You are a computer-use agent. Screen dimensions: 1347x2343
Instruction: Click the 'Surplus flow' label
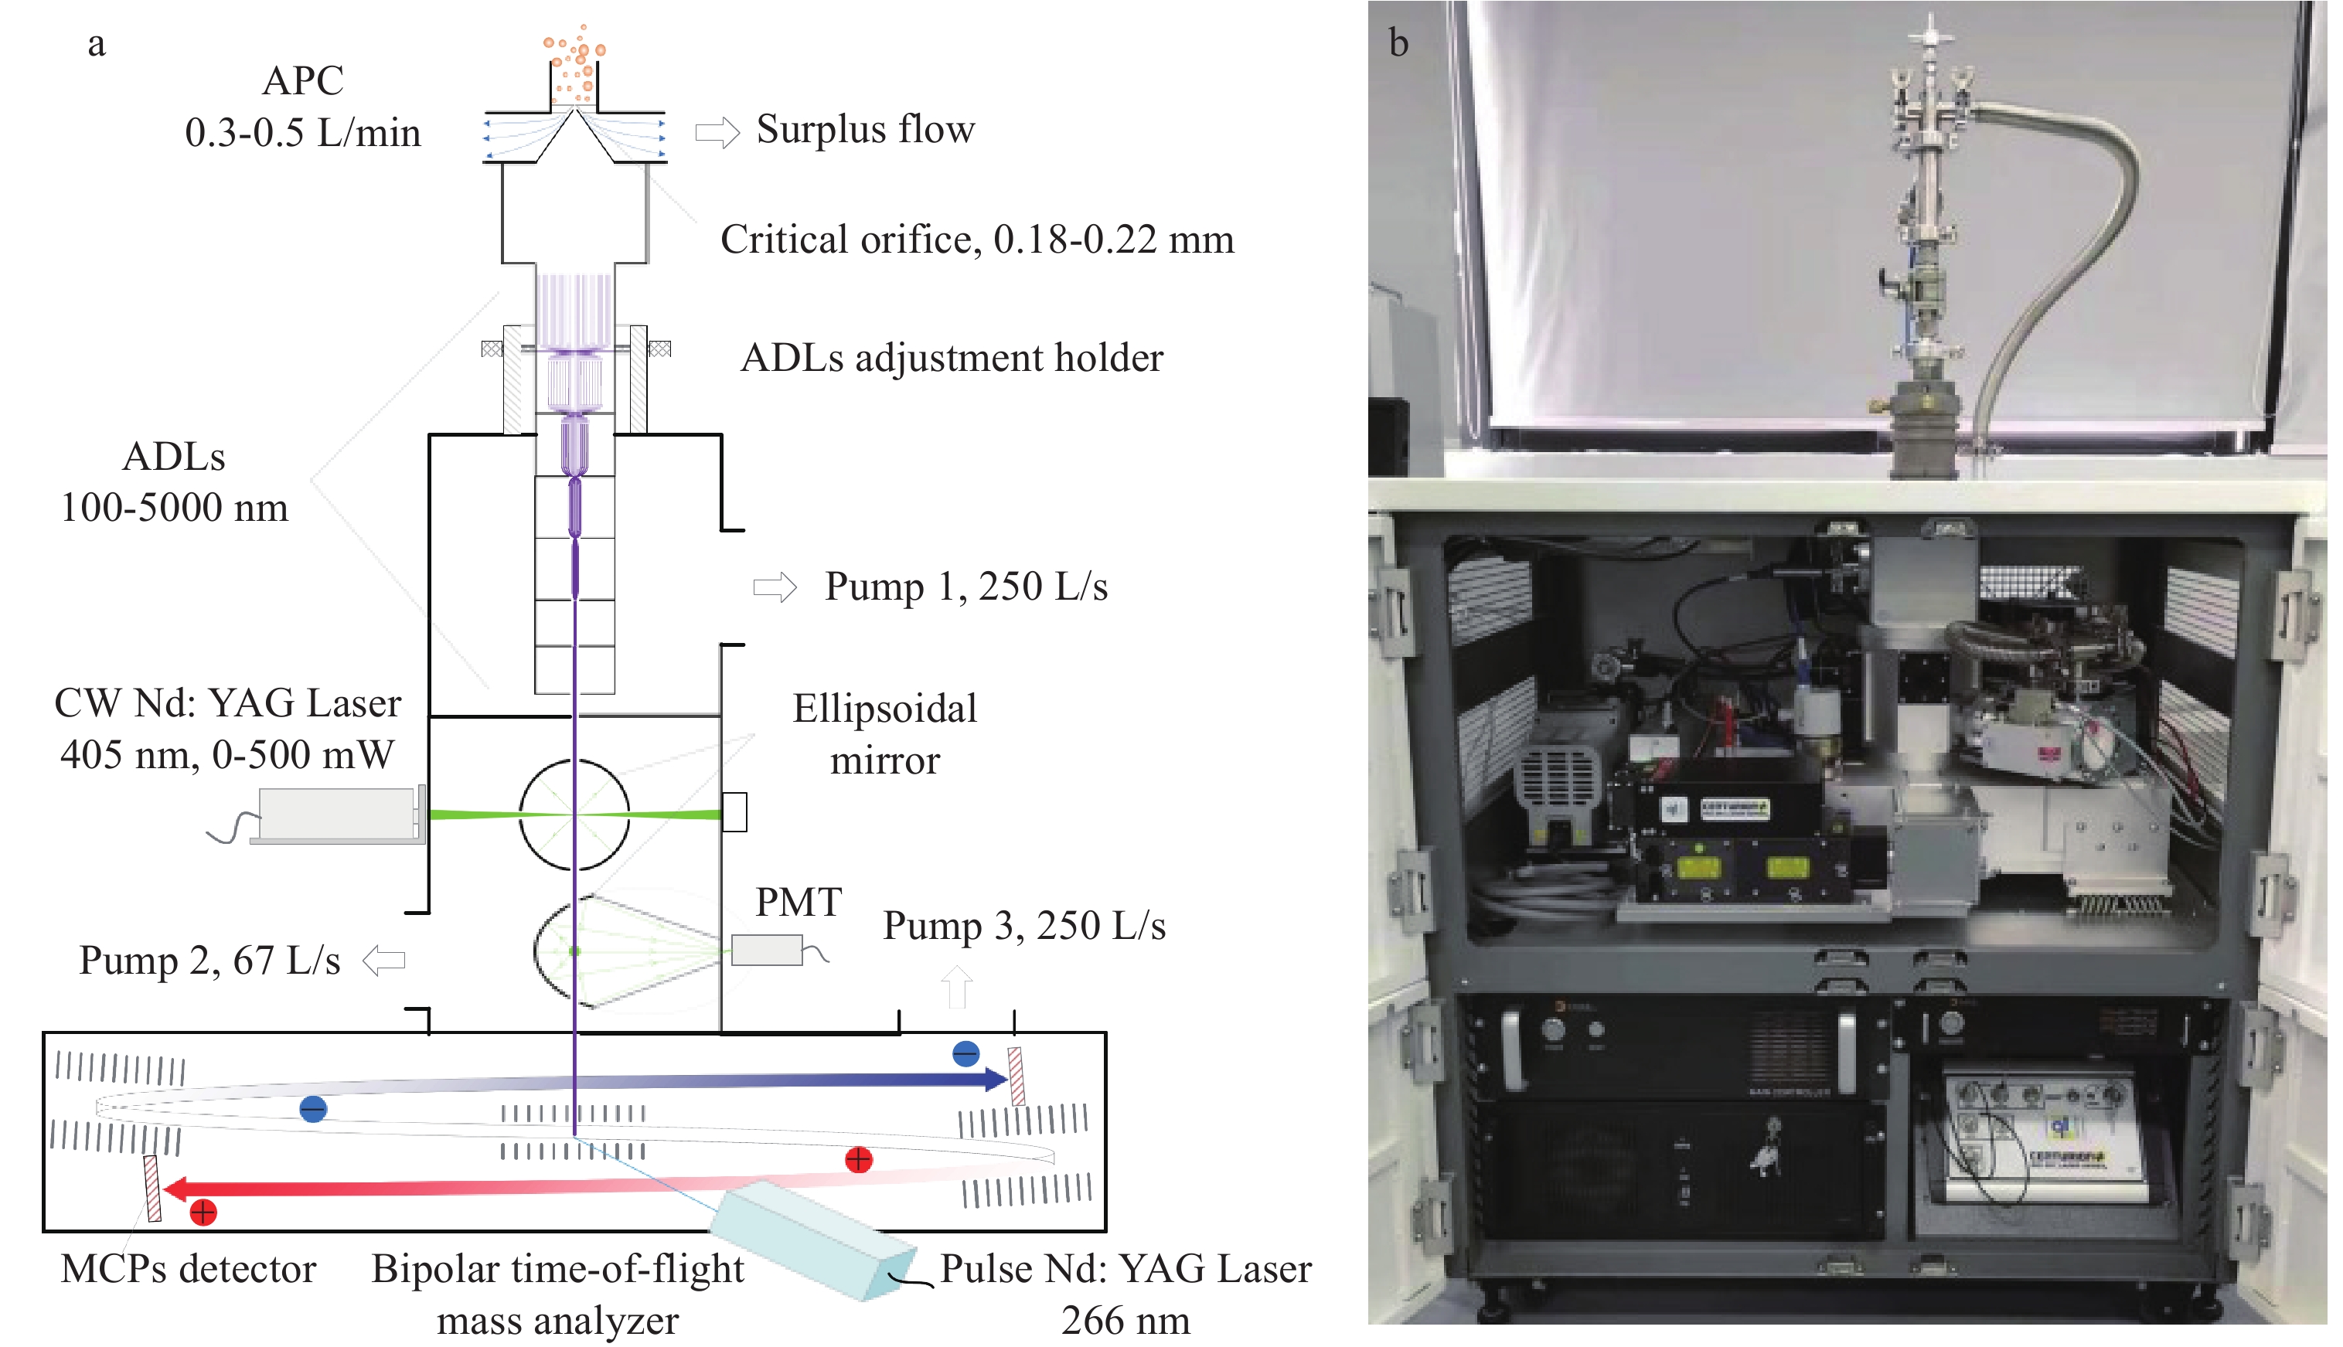(865, 130)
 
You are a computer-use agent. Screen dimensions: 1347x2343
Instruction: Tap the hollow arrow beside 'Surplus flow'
(718, 132)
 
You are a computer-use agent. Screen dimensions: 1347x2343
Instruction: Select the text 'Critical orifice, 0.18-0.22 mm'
(977, 240)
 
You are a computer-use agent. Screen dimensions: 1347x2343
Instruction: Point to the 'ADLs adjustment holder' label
(952, 358)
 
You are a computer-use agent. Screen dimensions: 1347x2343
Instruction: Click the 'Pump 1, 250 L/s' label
(966, 587)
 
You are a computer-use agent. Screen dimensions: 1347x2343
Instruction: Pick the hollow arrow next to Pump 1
(775, 587)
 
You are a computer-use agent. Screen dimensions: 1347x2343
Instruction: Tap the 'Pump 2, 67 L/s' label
(209, 961)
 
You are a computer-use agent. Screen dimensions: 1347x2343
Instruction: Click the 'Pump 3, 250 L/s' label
(1023, 925)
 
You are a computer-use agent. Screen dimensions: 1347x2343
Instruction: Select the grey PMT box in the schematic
(766, 950)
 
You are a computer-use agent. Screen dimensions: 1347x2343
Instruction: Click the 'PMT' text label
(799, 902)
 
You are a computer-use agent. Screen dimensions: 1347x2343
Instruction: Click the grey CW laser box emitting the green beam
(337, 814)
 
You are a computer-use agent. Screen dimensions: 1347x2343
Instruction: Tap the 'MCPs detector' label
(188, 1268)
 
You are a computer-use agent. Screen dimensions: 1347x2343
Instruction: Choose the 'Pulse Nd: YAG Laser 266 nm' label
(1126, 1294)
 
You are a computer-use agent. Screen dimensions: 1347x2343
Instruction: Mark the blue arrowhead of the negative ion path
(996, 1079)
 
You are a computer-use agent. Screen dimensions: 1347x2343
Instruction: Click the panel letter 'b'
(1398, 43)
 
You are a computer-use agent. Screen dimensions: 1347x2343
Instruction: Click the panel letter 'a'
(96, 43)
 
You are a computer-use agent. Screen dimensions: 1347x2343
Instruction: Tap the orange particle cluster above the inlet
(574, 63)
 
